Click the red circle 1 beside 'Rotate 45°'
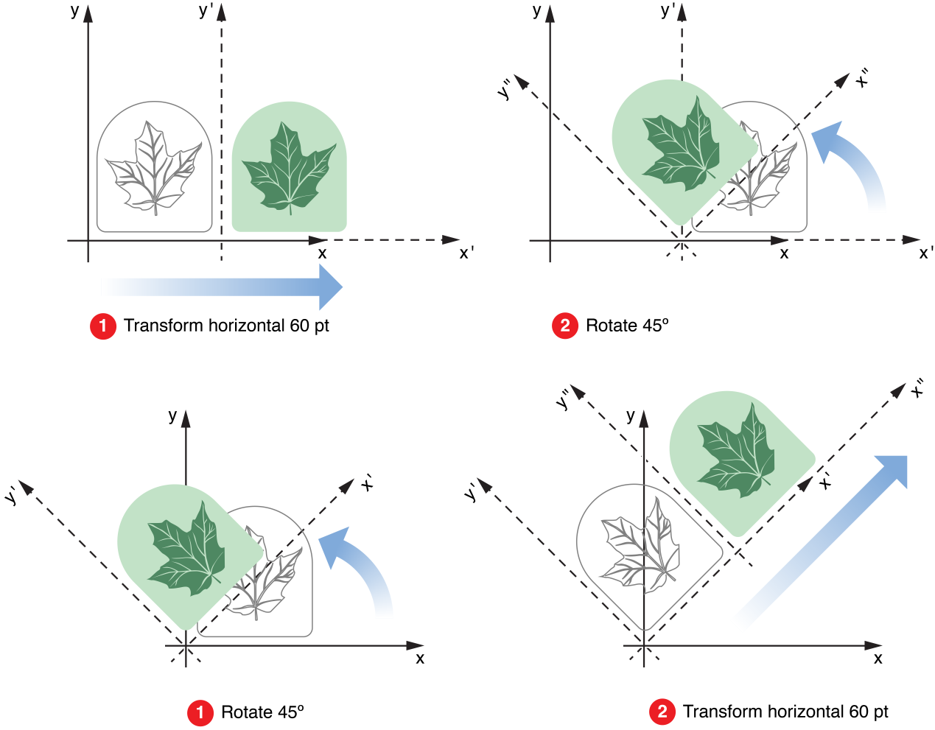click(200, 712)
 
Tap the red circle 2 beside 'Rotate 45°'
click(564, 326)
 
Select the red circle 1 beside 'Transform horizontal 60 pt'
click(103, 326)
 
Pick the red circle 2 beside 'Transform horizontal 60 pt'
click(662, 712)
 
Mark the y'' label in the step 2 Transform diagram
click(564, 399)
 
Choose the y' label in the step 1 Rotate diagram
click(11, 496)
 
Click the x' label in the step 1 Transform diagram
click(466, 253)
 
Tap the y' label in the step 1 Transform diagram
click(206, 11)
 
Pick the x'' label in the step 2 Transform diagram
click(917, 388)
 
